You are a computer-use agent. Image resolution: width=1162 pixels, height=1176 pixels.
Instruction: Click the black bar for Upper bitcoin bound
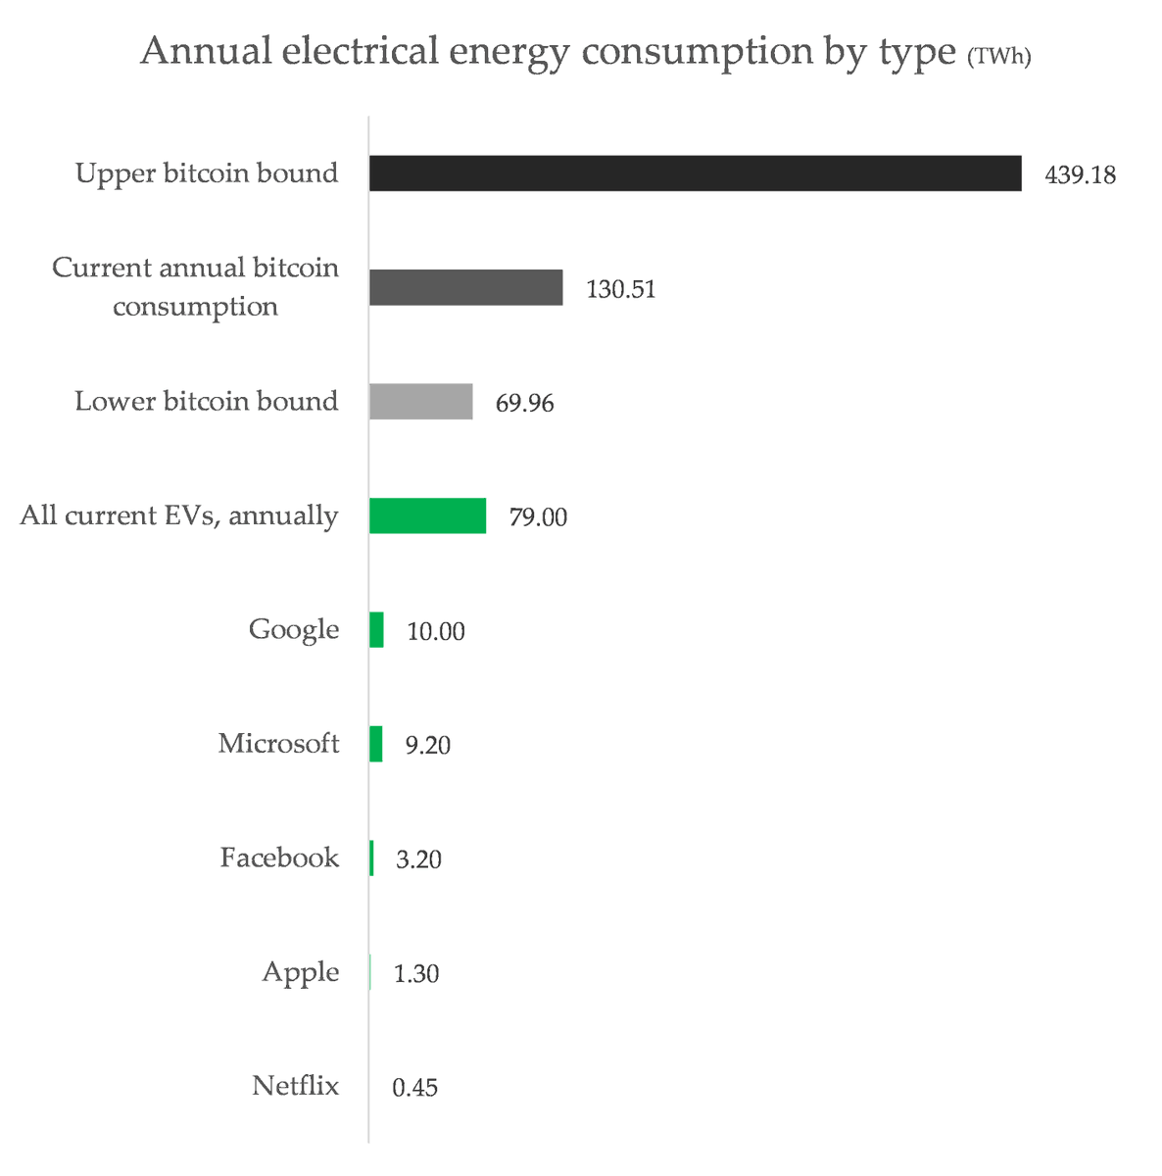(695, 173)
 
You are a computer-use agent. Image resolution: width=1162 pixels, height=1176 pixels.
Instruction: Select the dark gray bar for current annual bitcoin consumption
(465, 288)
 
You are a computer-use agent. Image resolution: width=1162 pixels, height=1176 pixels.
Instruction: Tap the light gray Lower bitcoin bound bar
(420, 402)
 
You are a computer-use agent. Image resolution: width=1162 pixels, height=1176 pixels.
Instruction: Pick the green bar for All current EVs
(427, 515)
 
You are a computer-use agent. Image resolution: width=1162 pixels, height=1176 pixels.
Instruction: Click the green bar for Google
(376, 630)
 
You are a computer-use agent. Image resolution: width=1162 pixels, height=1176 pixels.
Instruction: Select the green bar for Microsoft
(376, 744)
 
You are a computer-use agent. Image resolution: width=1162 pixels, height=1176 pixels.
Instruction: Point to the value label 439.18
(1080, 175)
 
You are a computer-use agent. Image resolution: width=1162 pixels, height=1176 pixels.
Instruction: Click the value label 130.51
(620, 290)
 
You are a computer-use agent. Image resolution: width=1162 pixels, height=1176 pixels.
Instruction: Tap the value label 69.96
(524, 404)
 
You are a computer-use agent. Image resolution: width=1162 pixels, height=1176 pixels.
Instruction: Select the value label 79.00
(537, 517)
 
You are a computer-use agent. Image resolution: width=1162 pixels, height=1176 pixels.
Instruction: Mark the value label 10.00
(435, 632)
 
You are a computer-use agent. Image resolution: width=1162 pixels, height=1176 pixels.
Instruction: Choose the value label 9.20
(428, 746)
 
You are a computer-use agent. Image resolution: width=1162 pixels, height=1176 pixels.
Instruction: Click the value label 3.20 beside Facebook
(418, 860)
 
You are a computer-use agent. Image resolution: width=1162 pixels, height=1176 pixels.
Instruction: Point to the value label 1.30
(415, 974)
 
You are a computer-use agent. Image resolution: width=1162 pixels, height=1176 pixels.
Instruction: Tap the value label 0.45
(414, 1088)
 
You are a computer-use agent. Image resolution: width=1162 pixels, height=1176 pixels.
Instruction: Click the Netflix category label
(295, 1086)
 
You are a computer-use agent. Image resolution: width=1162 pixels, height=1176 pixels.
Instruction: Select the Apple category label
(300, 972)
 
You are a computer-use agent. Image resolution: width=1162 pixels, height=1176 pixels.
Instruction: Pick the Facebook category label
(279, 857)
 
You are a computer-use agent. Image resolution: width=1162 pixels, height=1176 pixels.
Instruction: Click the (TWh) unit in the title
(998, 58)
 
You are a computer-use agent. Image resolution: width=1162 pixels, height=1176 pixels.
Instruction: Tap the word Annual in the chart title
(205, 51)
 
